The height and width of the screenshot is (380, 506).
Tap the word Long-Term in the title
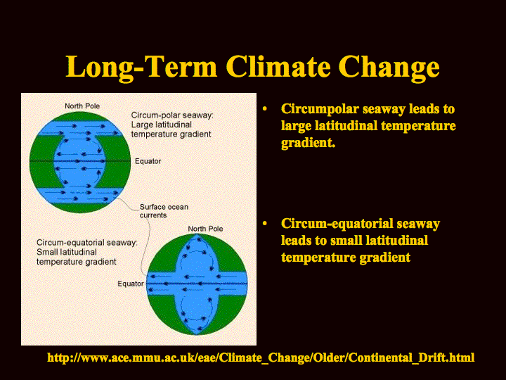point(141,67)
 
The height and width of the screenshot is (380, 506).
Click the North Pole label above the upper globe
point(82,106)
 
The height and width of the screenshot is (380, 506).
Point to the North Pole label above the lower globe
point(205,229)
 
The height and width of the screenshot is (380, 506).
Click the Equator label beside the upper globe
point(148,161)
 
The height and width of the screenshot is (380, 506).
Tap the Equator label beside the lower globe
point(131,284)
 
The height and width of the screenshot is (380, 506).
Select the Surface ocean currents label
point(164,211)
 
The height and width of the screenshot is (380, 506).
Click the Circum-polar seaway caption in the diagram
point(172,125)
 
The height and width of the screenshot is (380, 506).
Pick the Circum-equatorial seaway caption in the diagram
point(87,252)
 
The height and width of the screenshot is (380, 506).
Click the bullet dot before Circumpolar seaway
point(265,109)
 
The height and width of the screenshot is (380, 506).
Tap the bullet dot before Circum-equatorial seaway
point(265,224)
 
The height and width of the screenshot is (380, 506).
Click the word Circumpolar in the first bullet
point(320,109)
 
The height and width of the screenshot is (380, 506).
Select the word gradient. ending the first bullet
point(309,143)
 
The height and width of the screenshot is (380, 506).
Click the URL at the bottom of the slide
point(261,357)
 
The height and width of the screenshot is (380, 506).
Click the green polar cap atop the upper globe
point(80,116)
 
